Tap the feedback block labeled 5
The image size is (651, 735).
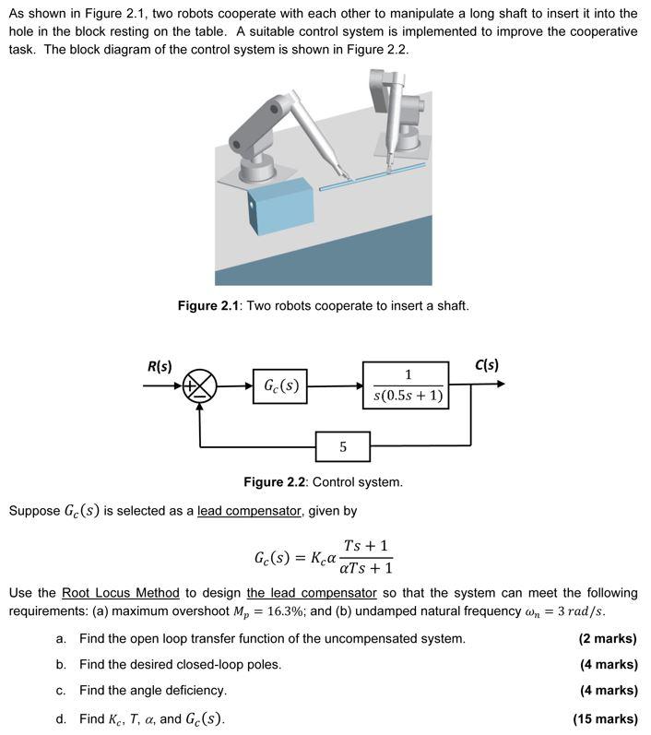343,446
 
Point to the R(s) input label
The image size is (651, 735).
160,364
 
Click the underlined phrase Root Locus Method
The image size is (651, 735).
120,592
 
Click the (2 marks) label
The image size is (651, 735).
608,638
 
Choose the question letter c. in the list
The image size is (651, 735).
61,690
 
